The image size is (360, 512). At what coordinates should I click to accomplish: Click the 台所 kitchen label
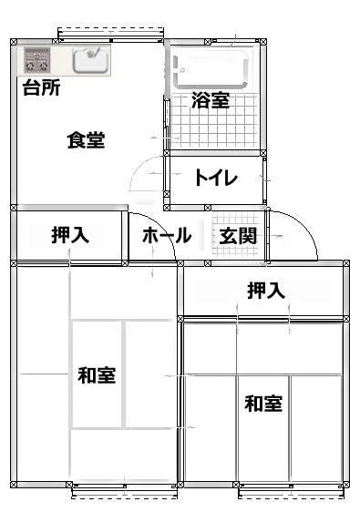(42, 88)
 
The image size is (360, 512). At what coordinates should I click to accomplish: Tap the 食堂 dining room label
(86, 140)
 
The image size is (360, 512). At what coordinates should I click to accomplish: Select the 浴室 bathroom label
(211, 100)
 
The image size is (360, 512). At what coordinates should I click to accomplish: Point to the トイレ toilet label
(215, 179)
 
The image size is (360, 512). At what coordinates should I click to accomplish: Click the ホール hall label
(166, 236)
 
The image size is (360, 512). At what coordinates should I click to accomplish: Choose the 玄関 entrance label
(238, 236)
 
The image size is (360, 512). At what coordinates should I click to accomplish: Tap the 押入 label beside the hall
(70, 236)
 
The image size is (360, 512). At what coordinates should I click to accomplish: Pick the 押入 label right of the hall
(266, 291)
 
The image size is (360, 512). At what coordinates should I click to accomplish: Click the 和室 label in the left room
(96, 374)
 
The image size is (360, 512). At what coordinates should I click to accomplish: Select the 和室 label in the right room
(262, 403)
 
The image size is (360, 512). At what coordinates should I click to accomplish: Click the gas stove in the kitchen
(37, 62)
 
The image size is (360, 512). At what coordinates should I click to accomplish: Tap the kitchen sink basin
(90, 60)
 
